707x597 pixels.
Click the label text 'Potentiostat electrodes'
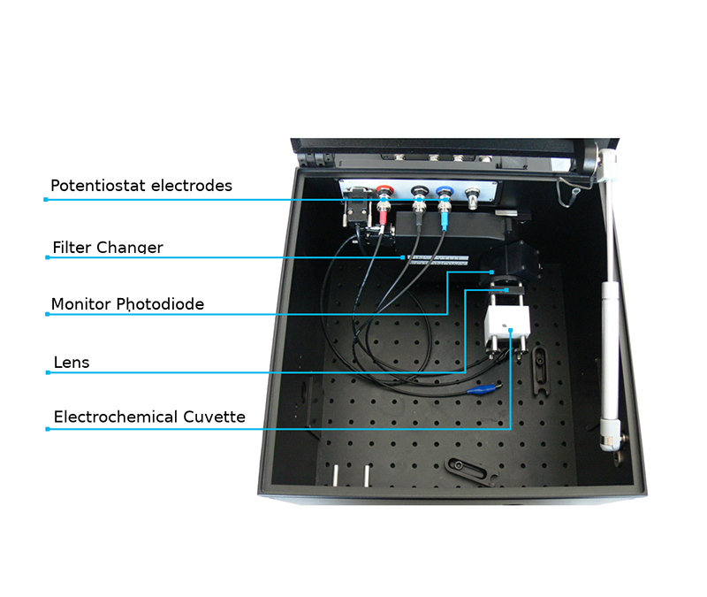point(141,186)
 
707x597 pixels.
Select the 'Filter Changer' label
point(108,248)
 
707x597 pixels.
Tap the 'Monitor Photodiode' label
point(127,304)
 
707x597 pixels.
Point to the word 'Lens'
point(72,363)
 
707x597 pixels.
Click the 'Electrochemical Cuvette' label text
point(149,417)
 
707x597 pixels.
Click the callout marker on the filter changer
point(405,257)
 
